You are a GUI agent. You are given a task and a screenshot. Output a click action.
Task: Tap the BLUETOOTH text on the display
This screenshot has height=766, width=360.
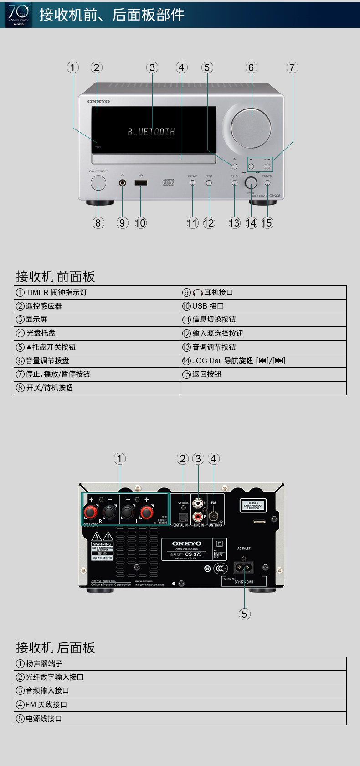(x=151, y=132)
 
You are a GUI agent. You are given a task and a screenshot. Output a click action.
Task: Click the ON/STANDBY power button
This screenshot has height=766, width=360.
(x=98, y=183)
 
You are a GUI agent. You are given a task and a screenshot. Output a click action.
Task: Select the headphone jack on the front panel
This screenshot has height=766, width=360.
(x=123, y=183)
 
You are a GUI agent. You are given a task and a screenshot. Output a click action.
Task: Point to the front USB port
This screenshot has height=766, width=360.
(x=140, y=183)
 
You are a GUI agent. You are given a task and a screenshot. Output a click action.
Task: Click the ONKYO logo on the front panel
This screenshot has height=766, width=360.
(x=98, y=101)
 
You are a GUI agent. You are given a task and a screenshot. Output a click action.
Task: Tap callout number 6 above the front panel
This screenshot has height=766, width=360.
(x=251, y=67)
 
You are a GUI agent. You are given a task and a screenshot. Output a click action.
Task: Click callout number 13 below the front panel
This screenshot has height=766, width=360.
(x=234, y=223)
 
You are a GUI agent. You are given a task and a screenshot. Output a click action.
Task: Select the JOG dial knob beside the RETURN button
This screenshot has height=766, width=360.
(x=251, y=183)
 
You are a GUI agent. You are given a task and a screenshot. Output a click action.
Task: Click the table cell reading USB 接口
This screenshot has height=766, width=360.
(x=263, y=306)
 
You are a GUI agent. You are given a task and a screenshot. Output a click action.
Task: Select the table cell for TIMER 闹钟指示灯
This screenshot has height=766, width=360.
(x=97, y=292)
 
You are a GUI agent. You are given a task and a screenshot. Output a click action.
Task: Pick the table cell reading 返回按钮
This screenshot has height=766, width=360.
(x=263, y=374)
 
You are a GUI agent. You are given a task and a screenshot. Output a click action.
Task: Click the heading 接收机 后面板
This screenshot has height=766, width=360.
(x=55, y=647)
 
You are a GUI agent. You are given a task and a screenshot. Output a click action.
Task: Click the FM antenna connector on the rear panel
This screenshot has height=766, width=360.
(x=213, y=517)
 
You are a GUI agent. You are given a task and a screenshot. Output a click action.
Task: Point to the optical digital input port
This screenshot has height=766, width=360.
(x=183, y=517)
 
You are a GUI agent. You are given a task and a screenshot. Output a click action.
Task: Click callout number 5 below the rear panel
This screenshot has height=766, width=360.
(x=244, y=614)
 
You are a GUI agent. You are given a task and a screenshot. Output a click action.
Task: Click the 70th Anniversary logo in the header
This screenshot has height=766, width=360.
(x=18, y=15)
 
